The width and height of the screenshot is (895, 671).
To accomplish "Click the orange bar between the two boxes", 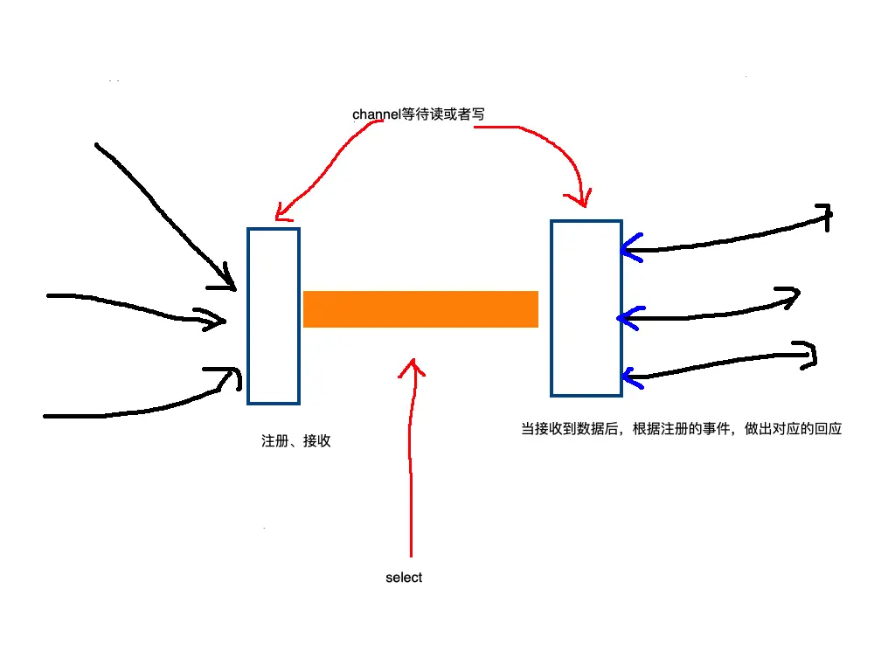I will click(x=420, y=309).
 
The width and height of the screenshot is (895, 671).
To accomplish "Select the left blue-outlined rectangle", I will click(x=274, y=316).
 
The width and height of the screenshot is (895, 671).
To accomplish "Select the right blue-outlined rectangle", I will click(x=586, y=308).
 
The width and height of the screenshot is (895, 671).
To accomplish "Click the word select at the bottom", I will click(x=404, y=578).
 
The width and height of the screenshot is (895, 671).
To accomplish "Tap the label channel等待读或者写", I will click(x=418, y=114).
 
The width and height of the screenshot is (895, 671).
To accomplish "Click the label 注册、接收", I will click(x=296, y=441).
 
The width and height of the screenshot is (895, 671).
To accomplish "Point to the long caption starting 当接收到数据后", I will click(x=681, y=429).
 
